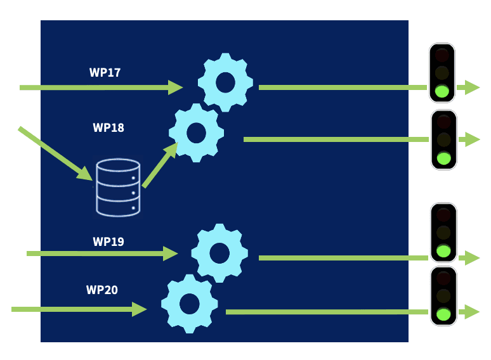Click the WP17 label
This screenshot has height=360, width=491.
105,72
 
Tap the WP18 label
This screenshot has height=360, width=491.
108,127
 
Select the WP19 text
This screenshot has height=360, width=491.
108,241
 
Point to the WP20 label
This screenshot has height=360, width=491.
102,290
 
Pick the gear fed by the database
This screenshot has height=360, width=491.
196,132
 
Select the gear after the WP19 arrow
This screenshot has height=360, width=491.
219,253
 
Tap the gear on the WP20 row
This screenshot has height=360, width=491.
190,304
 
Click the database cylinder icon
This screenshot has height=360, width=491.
118,187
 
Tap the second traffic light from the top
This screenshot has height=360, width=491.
444,140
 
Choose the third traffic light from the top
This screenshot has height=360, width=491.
443,232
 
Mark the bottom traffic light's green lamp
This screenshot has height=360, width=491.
443,313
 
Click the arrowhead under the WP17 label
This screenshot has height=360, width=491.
176,87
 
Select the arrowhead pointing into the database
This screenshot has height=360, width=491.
86,173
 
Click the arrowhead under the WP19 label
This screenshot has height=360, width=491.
171,254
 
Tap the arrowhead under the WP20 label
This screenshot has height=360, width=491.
140,309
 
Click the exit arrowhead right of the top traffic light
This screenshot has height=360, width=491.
472,87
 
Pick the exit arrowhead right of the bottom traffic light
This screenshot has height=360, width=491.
472,312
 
